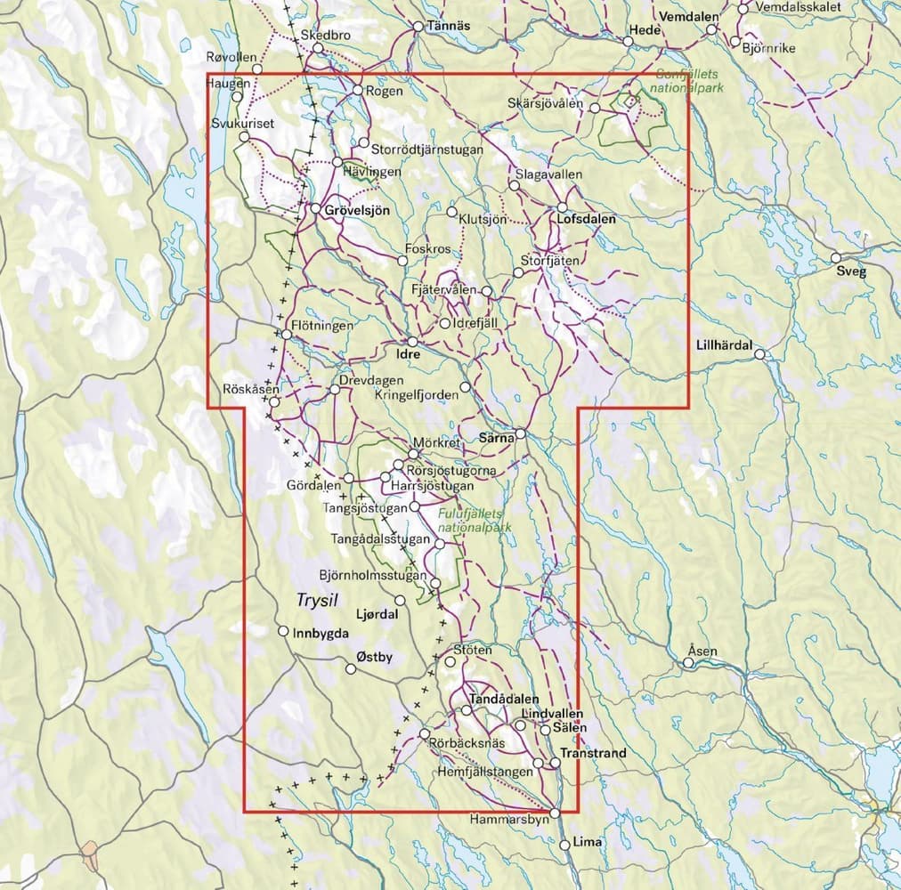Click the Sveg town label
pos(850,272)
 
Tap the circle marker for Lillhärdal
pos(759,354)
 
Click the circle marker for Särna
pos(521,433)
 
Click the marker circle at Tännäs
pos(418,26)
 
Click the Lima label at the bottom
pos(588,842)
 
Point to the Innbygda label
pos(317,633)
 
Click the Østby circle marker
pos(351,670)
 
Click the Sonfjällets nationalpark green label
pos(688,83)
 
